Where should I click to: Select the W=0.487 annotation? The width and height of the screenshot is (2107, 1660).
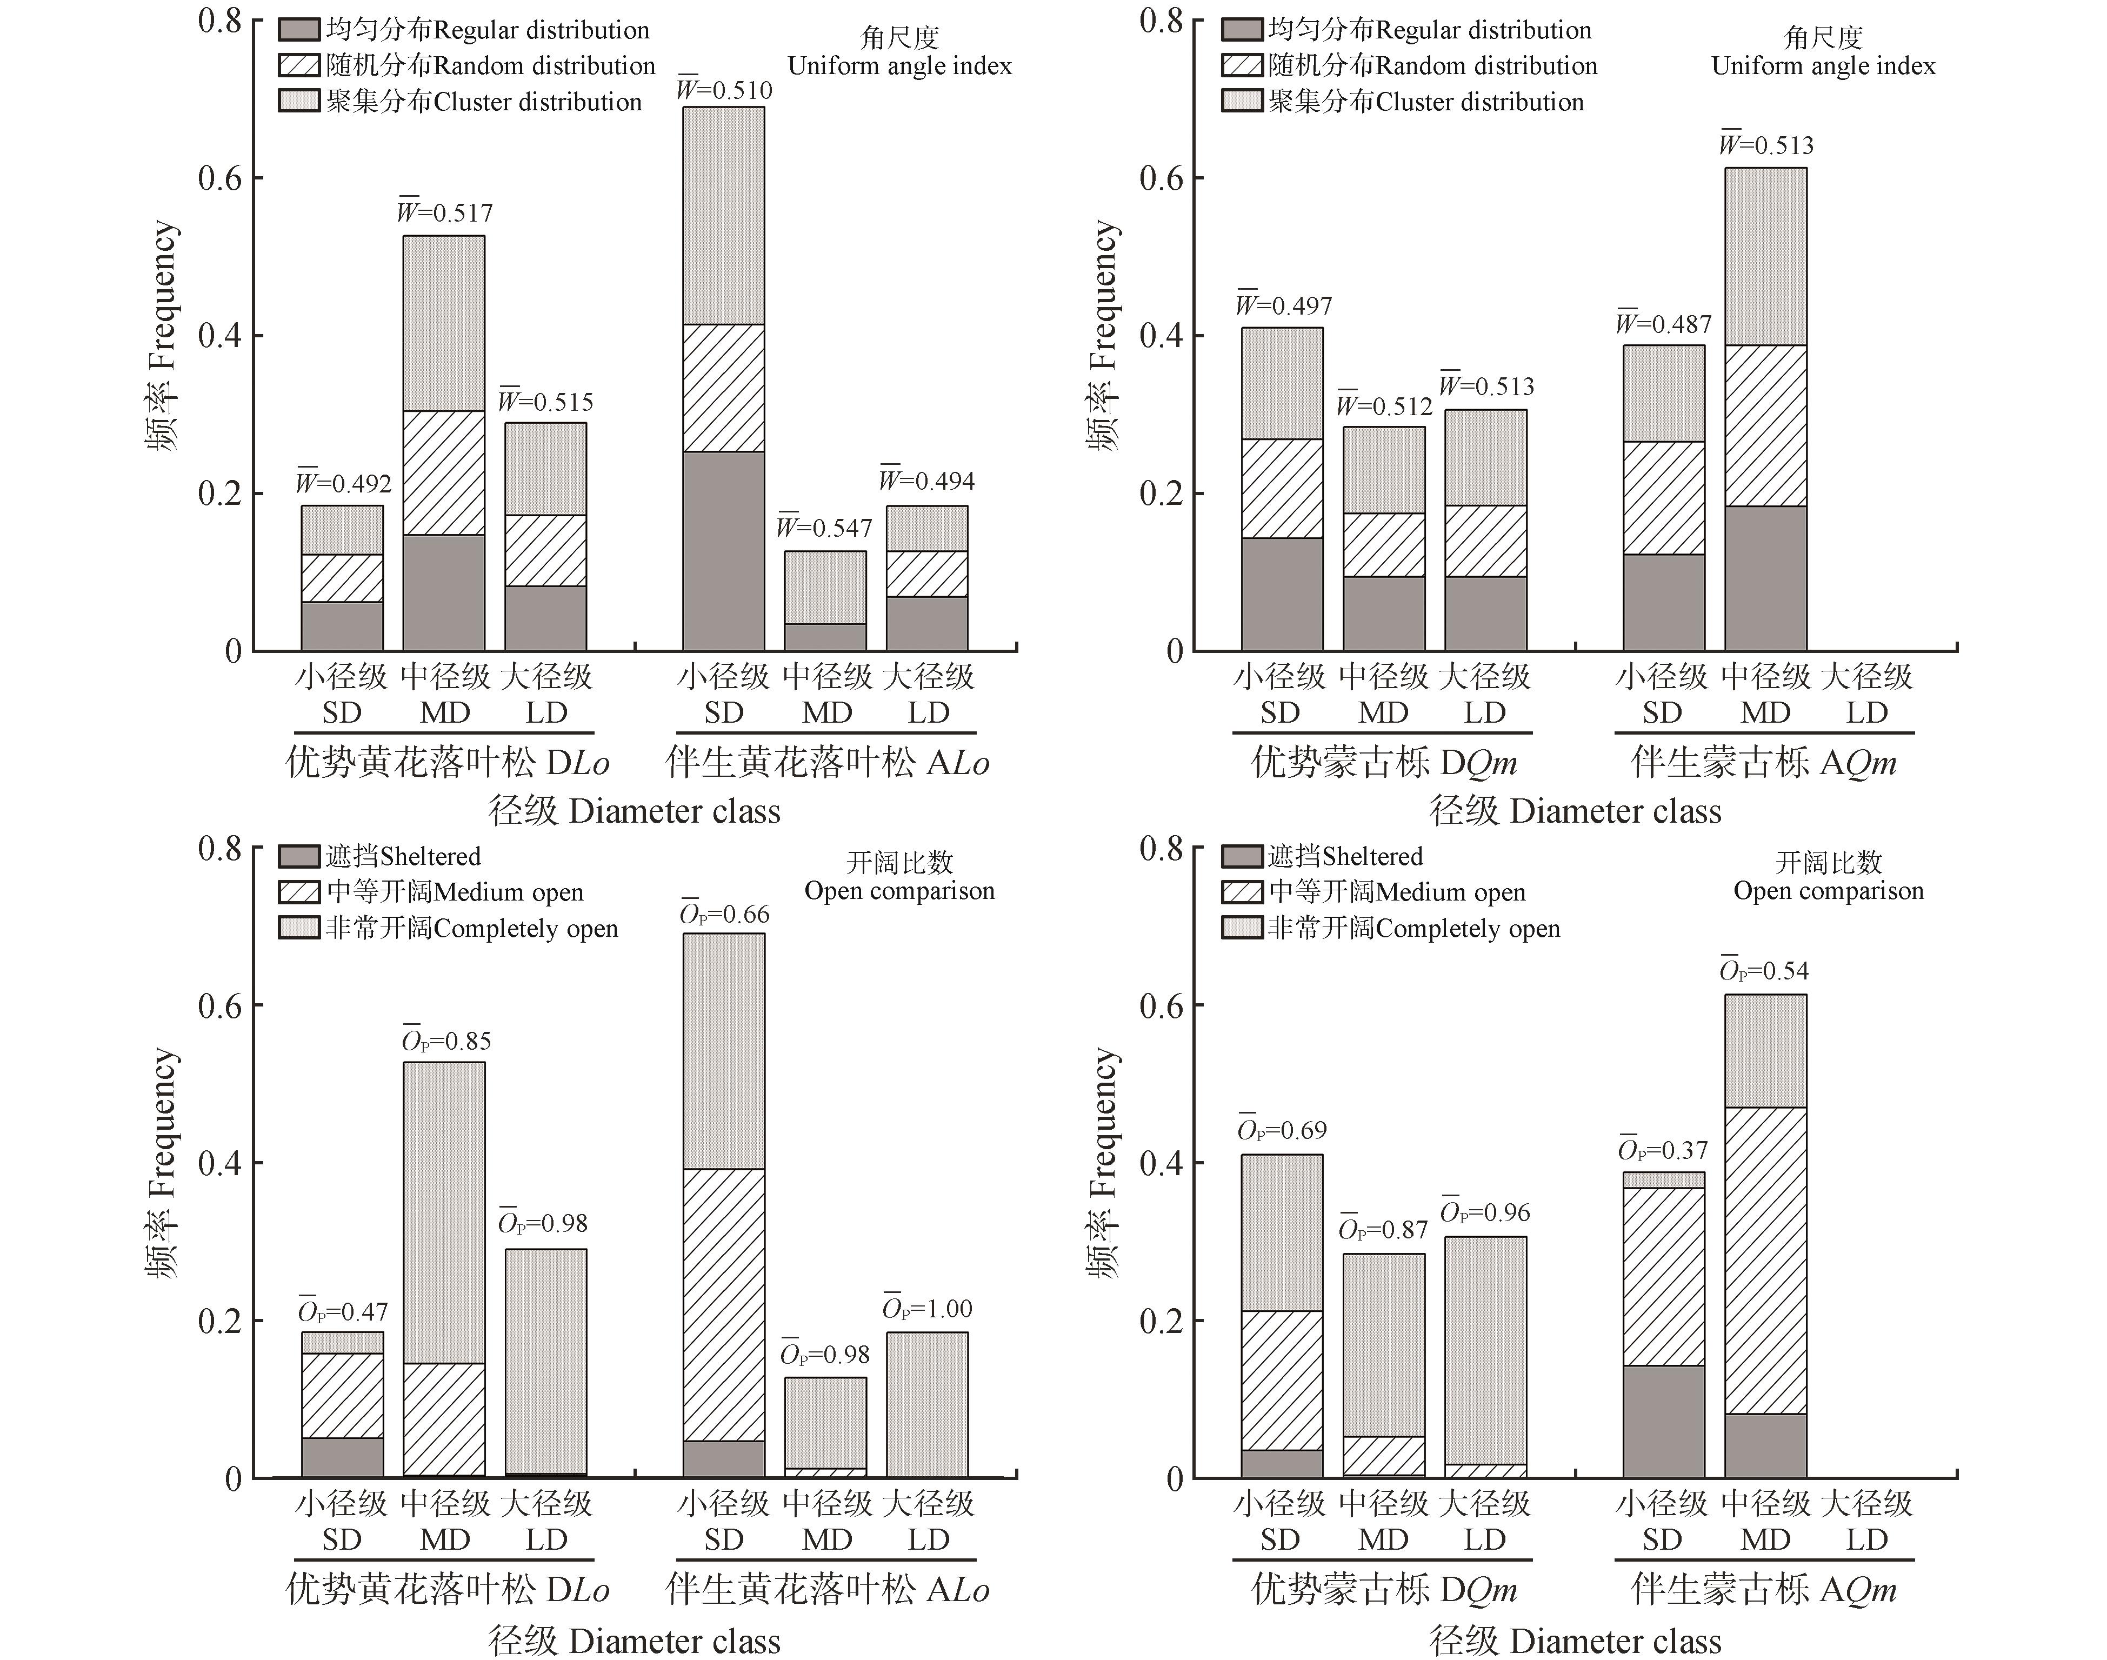1664,324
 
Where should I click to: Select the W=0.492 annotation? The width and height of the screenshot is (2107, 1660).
344,483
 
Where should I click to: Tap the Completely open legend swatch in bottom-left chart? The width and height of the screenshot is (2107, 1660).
298,928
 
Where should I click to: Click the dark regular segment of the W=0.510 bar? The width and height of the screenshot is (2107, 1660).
724,550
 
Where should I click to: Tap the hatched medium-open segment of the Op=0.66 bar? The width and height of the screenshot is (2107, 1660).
724,1304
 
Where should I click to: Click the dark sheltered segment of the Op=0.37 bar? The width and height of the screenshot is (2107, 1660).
1663,1422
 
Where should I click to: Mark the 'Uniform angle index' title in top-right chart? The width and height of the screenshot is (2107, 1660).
1823,66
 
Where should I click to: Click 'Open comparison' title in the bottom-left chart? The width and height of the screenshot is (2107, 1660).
899,891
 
